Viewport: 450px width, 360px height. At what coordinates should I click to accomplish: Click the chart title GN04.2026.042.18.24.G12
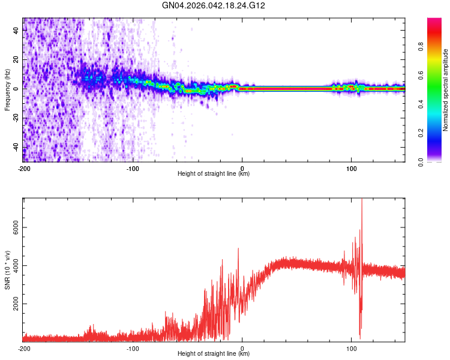click(214, 5)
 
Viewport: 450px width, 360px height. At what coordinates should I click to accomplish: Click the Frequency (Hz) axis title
click(7, 90)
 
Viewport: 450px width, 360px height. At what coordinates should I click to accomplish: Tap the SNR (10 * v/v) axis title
click(7, 270)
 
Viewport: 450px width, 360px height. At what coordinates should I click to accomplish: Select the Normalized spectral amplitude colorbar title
click(446, 90)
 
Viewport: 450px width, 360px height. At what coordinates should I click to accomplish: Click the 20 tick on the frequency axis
click(16, 59)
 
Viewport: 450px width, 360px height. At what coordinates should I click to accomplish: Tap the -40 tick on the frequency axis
click(15, 148)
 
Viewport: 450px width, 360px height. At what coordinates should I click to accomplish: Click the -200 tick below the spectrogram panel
click(24, 167)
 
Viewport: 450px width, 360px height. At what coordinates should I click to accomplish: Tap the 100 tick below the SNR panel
click(351, 348)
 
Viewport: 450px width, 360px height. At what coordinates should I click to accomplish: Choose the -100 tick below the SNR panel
click(133, 348)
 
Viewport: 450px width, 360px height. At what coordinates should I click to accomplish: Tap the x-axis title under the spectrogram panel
click(214, 174)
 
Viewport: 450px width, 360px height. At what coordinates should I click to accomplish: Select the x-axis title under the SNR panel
click(214, 354)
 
